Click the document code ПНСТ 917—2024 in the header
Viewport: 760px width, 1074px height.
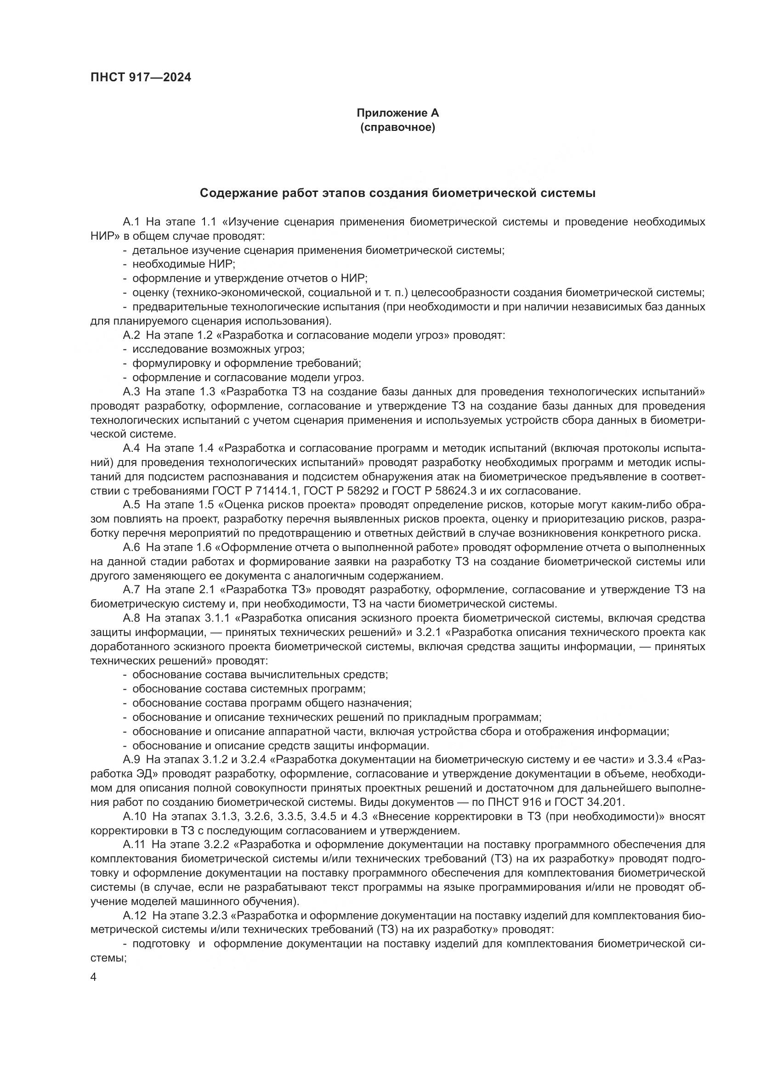[141, 78]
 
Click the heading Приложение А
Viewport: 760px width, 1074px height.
[397, 113]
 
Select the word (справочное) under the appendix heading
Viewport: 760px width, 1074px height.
[397, 127]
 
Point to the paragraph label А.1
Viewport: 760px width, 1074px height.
[131, 222]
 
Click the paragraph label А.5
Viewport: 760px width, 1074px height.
[131, 505]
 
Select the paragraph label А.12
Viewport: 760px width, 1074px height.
[134, 915]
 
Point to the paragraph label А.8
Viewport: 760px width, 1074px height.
[131, 618]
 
